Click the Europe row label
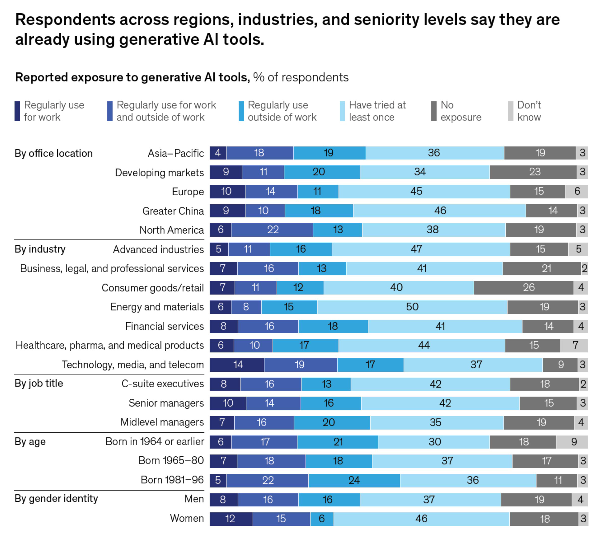coord(188,192)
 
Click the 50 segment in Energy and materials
coord(412,307)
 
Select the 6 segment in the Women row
coord(322,519)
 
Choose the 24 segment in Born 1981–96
coord(354,480)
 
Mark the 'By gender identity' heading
coord(56,498)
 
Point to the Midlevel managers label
coord(162,422)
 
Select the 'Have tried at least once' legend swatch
coord(342,111)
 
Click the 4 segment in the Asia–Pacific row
coord(218,153)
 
